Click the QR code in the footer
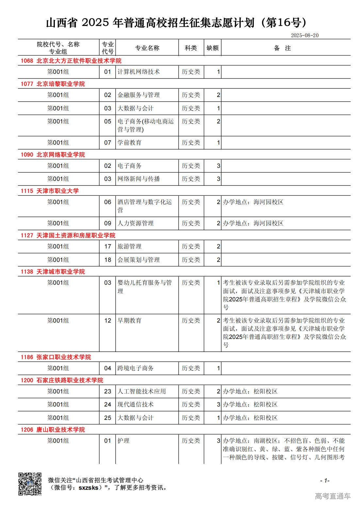pos(30,484)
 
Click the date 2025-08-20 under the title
pos(304,35)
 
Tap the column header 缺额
pos(212,48)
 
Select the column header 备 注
pos(282,48)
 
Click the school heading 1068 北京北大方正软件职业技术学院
pos(71,61)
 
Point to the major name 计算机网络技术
pos(139,72)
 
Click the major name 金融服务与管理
pos(139,95)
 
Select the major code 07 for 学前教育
pos(107,143)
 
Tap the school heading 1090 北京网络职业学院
pos(53,155)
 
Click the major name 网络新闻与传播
pos(139,179)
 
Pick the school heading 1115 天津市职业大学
pos(50,191)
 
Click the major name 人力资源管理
pos(135,223)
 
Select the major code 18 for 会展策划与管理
pos(107,260)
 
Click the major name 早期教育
pos(129,321)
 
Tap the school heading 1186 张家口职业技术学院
pos(56,357)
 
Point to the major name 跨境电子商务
pos(135,368)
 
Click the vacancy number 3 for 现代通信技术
pos(219,405)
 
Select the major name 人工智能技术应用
pos(141,391)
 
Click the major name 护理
pos(123,441)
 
